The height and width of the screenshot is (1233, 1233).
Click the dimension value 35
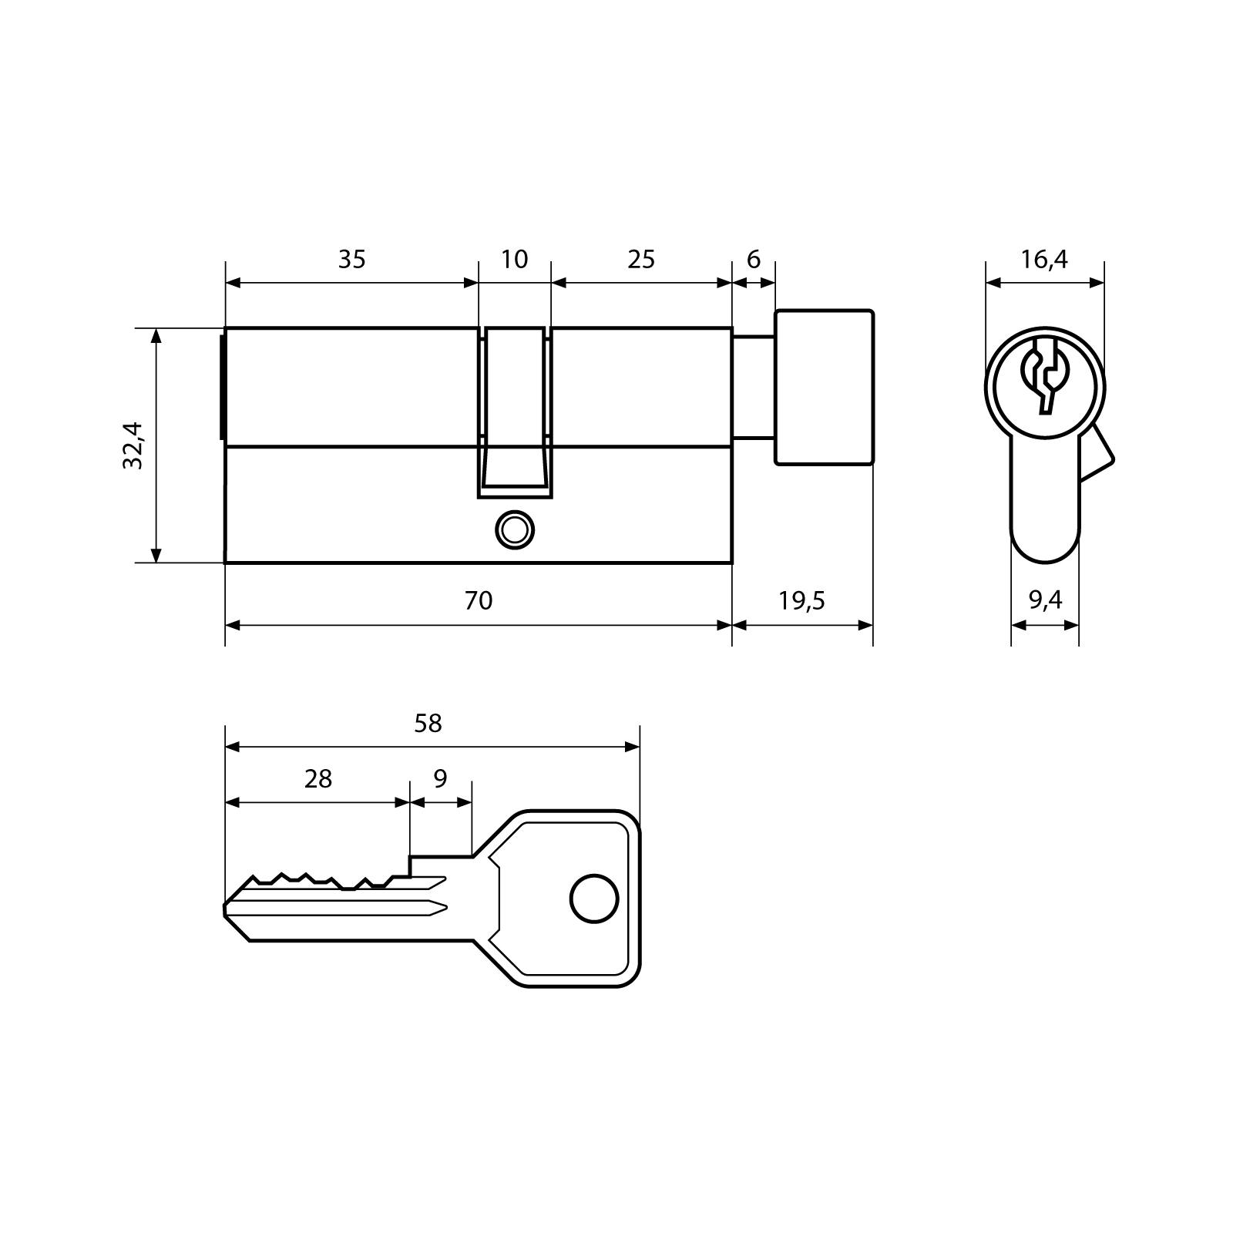click(x=351, y=260)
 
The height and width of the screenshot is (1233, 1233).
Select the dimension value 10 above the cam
click(x=514, y=260)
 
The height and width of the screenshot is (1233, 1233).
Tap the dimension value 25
click(x=640, y=260)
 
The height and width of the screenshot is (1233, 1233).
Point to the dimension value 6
click(x=753, y=260)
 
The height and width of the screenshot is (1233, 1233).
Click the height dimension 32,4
click(x=133, y=445)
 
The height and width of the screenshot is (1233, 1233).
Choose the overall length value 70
click(x=478, y=600)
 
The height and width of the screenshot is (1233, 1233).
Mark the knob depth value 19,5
click(x=801, y=600)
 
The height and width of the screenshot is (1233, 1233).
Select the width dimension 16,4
click(x=1044, y=260)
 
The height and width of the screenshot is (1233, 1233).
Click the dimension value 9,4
click(x=1045, y=600)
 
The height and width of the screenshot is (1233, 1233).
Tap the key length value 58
click(x=428, y=724)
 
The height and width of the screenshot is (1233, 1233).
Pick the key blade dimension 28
click(x=317, y=779)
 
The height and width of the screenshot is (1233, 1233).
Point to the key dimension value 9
click(x=440, y=779)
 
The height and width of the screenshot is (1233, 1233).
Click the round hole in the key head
click(x=594, y=899)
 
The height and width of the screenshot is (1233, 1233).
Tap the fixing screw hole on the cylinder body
click(x=514, y=530)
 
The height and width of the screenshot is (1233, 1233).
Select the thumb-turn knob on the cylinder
click(x=824, y=388)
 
